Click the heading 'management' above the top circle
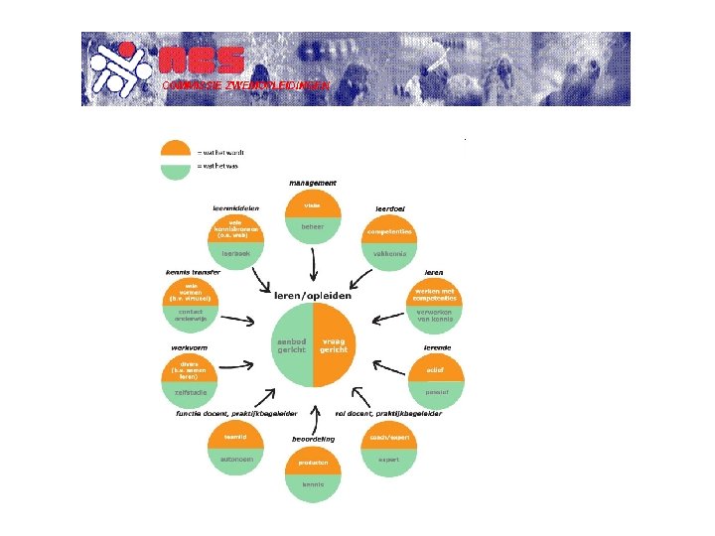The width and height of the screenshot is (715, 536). click(313, 183)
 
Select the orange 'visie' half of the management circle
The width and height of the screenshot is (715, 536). click(312, 205)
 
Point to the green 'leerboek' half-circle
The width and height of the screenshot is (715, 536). click(235, 254)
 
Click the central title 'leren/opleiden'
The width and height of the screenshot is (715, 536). click(312, 295)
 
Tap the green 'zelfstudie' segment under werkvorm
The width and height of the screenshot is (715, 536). click(189, 393)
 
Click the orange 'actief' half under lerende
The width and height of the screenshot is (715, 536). click(436, 370)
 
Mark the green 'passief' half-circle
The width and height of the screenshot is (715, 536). click(436, 393)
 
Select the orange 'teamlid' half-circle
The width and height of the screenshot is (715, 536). click(235, 437)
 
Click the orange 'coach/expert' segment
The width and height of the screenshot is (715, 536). click(387, 437)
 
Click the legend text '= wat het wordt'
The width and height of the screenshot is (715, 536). click(220, 152)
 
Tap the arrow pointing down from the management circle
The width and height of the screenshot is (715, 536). click(313, 266)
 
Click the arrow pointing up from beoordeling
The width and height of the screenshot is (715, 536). click(315, 415)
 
